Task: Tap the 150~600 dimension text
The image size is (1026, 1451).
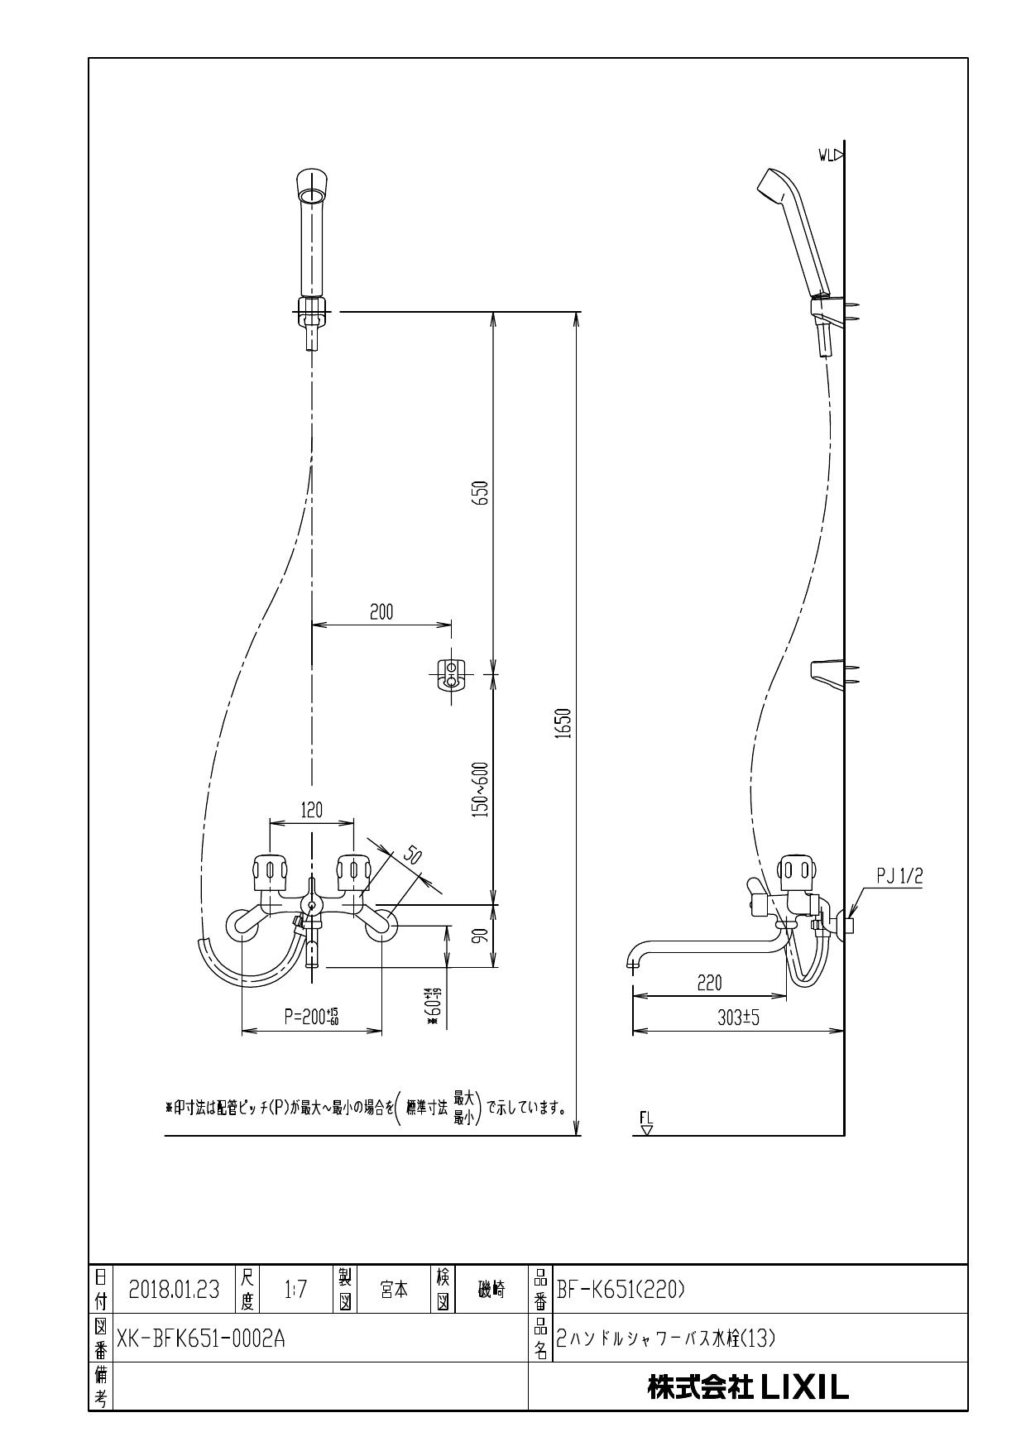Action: click(482, 788)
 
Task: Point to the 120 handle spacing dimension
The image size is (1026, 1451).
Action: click(311, 810)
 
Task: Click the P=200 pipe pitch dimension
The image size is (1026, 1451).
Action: click(311, 1018)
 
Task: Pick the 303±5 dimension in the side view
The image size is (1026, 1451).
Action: click(737, 1018)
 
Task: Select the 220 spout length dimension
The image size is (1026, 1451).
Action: click(709, 983)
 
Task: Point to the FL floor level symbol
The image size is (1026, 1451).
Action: click(646, 1123)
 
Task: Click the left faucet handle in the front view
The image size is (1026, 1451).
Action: click(269, 871)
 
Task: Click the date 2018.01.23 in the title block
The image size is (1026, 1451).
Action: click(174, 1290)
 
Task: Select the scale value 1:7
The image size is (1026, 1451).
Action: click(295, 1290)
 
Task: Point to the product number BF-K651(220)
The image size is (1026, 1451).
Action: click(621, 1290)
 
